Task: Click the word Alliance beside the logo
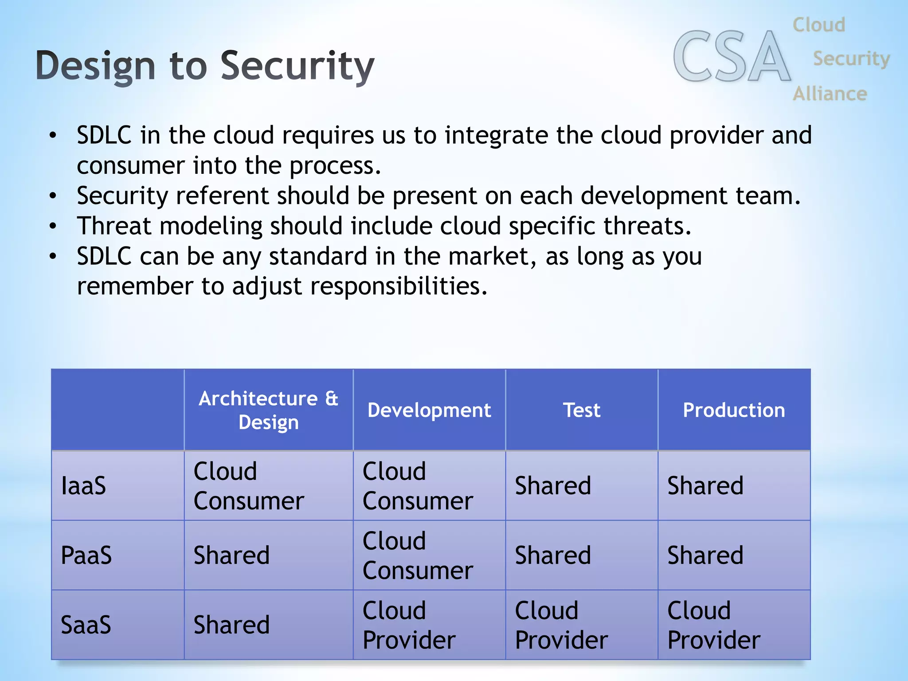(830, 94)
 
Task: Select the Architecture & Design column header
(268, 410)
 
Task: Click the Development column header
(429, 410)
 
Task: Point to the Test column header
(582, 410)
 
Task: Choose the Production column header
(734, 410)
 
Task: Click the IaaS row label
(83, 485)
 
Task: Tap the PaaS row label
(86, 555)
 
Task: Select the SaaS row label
(86, 625)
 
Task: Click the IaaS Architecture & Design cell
(248, 486)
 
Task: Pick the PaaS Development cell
(417, 556)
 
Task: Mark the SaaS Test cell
(561, 625)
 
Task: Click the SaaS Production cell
(713, 625)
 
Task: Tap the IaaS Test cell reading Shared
(553, 485)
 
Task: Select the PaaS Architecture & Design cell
(231, 555)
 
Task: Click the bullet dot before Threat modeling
(53, 226)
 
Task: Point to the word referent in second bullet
(222, 196)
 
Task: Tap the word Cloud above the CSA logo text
(819, 25)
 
